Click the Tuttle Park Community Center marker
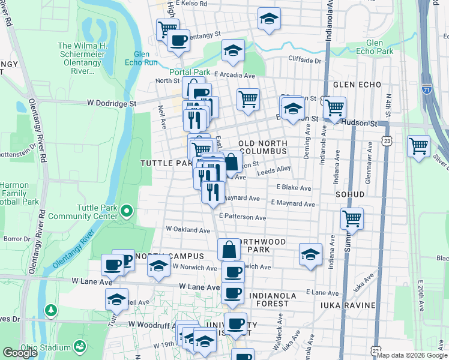(x=126, y=211)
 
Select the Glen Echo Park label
(x=382, y=47)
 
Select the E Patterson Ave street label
(x=243, y=217)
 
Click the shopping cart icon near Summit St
(x=352, y=218)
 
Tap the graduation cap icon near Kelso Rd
(x=270, y=19)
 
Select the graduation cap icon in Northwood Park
(x=310, y=254)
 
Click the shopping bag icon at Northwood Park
(x=229, y=248)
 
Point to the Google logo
(x=20, y=353)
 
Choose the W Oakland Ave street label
(x=188, y=229)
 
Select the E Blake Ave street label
(x=294, y=188)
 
